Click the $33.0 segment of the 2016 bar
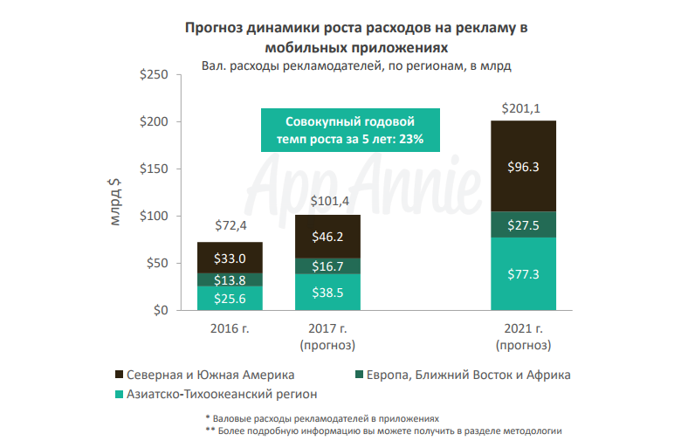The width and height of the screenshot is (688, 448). click(x=230, y=258)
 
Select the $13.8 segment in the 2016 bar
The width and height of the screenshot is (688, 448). click(x=230, y=279)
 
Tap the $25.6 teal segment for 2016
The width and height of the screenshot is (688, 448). click(x=230, y=299)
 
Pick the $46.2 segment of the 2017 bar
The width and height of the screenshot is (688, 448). click(x=327, y=236)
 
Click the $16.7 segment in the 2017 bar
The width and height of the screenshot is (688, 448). click(x=327, y=266)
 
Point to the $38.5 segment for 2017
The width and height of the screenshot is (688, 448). click(x=327, y=293)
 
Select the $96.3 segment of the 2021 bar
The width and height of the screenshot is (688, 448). click(x=523, y=166)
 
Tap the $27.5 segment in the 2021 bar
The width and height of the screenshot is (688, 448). click(x=523, y=224)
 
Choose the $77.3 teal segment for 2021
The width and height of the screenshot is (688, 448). click(x=523, y=274)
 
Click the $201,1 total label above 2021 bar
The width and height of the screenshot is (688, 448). click(x=523, y=109)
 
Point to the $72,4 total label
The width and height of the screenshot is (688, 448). click(x=230, y=227)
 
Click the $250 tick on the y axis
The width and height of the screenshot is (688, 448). click(x=155, y=75)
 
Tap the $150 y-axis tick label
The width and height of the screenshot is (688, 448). click(x=155, y=169)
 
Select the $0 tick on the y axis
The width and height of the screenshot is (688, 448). click(x=161, y=311)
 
